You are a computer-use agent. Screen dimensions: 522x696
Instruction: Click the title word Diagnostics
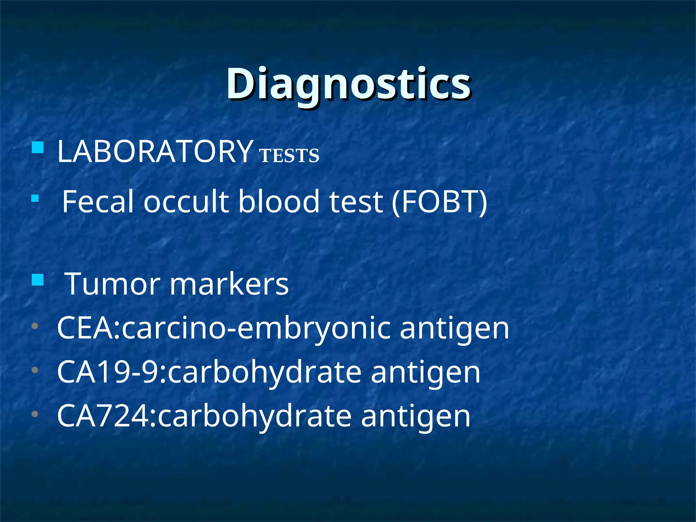(348, 84)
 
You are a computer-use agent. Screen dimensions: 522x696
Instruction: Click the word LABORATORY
(155, 152)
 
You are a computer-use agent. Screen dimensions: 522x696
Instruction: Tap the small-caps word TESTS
(289, 156)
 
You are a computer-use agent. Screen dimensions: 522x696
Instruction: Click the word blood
(279, 202)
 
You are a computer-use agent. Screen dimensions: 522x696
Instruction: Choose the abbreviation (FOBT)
(439, 202)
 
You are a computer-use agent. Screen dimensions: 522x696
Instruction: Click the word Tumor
(112, 284)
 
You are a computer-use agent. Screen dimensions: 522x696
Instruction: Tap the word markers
(229, 284)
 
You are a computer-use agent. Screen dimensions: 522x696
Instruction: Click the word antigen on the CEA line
(454, 328)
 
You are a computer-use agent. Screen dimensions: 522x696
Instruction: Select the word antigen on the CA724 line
(415, 416)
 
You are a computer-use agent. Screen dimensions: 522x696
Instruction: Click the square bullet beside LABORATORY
(37, 147)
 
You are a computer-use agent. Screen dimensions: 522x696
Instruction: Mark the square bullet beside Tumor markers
(37, 280)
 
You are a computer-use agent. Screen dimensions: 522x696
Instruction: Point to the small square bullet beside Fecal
(35, 198)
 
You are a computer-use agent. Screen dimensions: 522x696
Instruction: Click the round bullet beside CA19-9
(35, 370)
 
